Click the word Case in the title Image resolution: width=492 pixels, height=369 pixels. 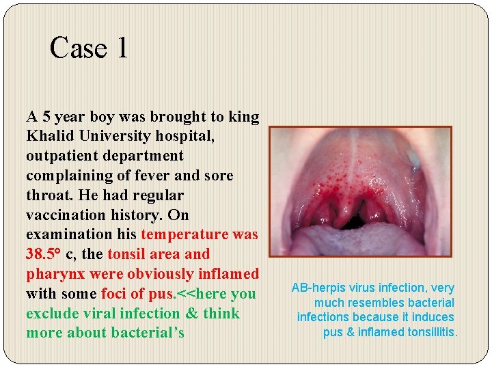[x=77, y=49]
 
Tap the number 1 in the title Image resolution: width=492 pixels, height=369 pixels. [x=121, y=49]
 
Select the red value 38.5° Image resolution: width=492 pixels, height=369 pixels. [x=44, y=254]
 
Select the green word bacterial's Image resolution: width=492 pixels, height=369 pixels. [x=151, y=333]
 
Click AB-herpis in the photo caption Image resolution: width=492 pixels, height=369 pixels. [x=322, y=288]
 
